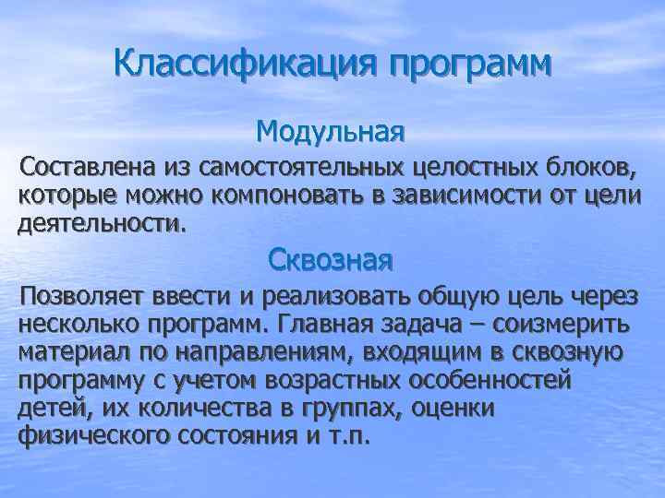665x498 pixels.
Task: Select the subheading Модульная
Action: coord(331,132)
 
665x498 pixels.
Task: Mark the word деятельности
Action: coord(101,222)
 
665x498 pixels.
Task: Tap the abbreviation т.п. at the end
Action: coord(346,435)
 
